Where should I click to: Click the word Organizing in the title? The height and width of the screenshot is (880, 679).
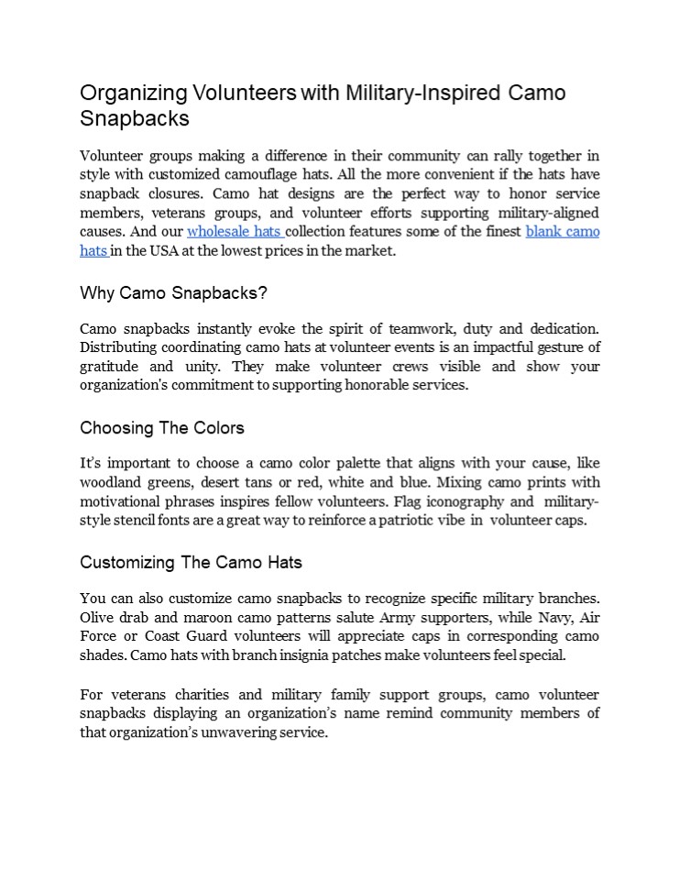coord(134,93)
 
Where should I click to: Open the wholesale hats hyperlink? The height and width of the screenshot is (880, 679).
coord(235,232)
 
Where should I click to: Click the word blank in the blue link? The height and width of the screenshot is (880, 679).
coord(543,232)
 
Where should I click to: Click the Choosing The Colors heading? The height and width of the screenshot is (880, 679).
coord(162,428)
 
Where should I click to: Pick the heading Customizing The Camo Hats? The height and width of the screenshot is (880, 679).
coord(191,562)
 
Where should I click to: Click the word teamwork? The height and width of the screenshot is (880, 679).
coord(415,329)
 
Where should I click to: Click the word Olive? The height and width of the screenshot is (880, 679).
coord(97,617)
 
